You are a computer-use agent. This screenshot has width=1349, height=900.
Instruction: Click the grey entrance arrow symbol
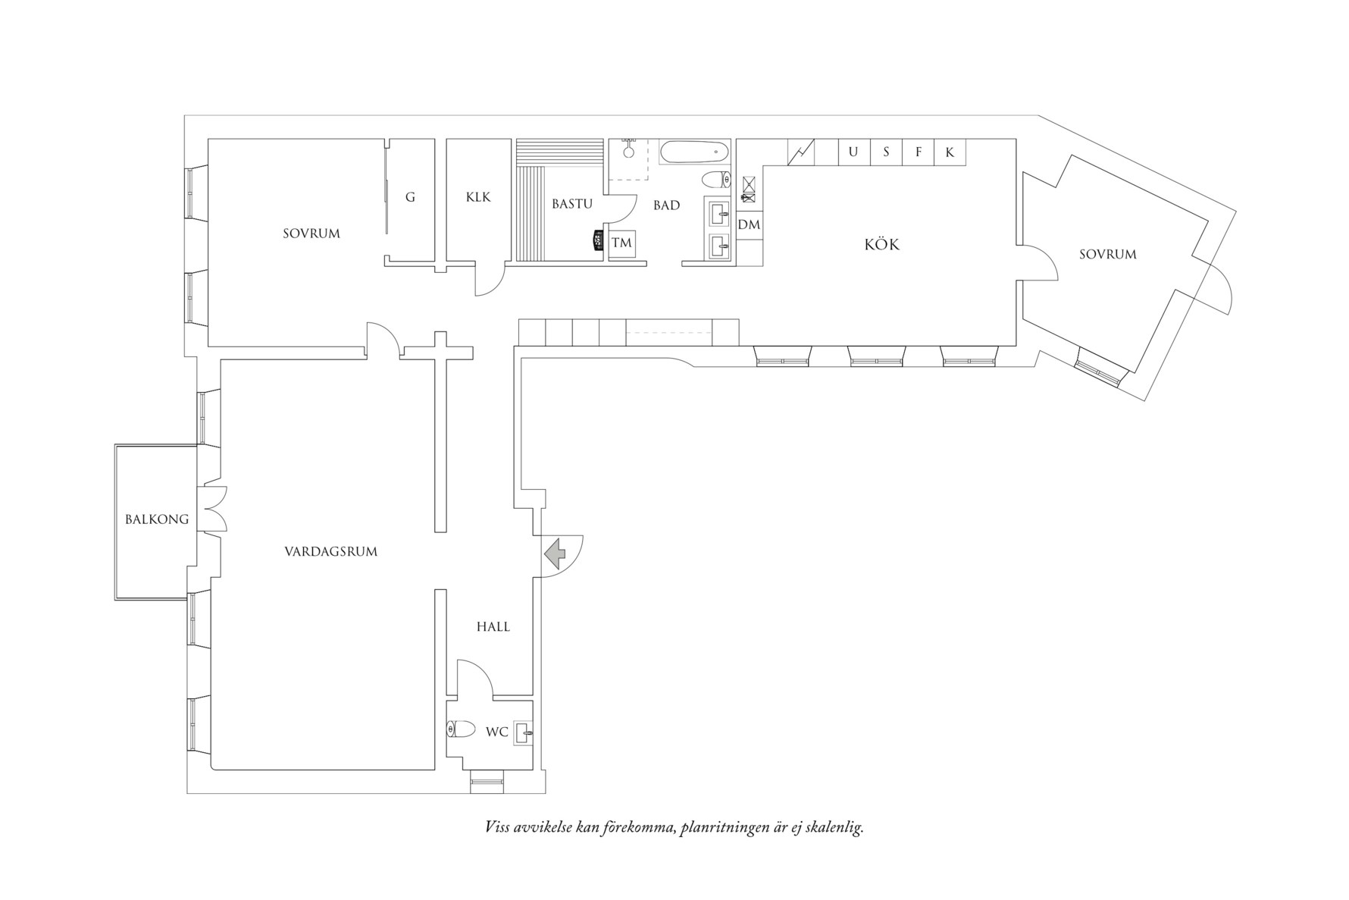tap(556, 553)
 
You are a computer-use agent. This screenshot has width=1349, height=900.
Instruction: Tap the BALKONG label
tap(157, 519)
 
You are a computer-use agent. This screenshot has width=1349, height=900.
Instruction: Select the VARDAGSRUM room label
tap(330, 551)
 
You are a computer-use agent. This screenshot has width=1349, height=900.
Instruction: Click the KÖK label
tap(882, 244)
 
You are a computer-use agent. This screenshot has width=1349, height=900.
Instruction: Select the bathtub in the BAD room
tap(694, 152)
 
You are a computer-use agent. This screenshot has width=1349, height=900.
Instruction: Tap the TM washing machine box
tap(621, 243)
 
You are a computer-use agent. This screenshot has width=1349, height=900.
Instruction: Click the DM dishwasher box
tap(749, 225)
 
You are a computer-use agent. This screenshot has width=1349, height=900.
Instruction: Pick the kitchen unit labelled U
tap(853, 152)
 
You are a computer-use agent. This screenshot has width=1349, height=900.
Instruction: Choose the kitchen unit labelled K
tap(950, 152)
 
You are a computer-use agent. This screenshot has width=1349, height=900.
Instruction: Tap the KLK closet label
tap(478, 197)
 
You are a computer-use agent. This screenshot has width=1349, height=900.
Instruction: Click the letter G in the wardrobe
tap(410, 197)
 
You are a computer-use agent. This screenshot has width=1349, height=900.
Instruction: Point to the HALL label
tap(493, 626)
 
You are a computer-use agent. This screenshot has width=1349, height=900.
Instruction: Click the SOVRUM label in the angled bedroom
tap(1107, 255)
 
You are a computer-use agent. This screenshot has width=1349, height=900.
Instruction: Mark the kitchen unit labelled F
tap(919, 152)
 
